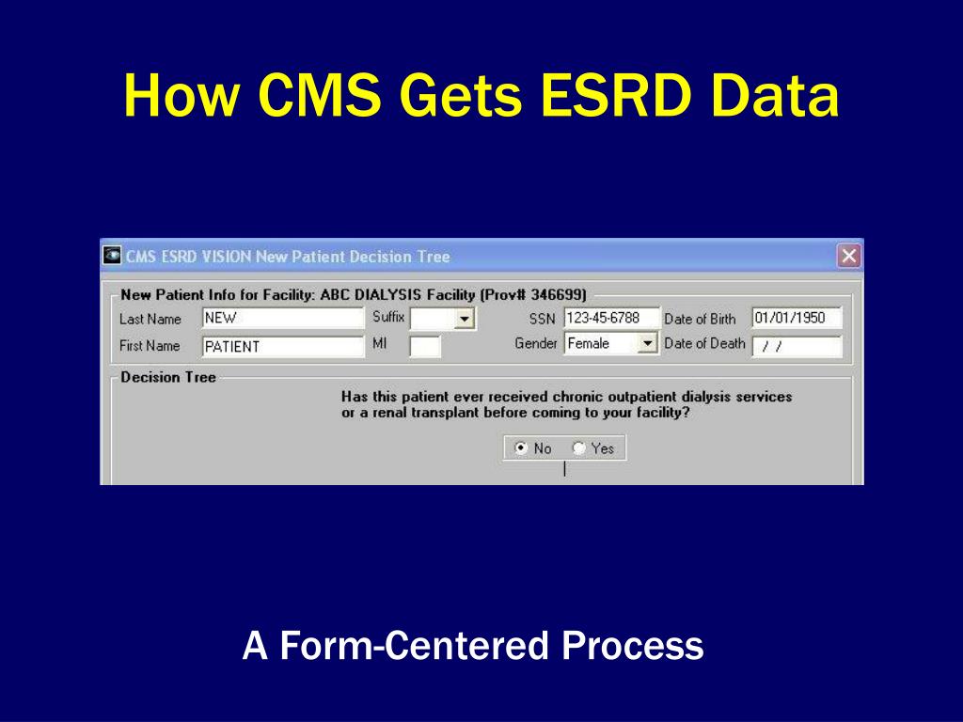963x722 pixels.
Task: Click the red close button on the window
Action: [x=849, y=256]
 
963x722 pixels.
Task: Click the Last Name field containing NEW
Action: [x=282, y=318]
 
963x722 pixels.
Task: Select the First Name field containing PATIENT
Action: [x=282, y=346]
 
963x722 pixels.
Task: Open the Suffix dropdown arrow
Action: [x=465, y=319]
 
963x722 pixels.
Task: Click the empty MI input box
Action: [x=425, y=346]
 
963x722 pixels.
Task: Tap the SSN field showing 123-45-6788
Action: [x=611, y=318]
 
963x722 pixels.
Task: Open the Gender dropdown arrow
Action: [x=647, y=343]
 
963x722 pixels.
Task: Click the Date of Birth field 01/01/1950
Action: [x=797, y=318]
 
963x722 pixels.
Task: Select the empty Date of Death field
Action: [x=797, y=346]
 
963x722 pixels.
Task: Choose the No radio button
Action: [x=521, y=448]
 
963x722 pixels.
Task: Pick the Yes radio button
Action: [x=578, y=448]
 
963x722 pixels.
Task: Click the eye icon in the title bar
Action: [x=112, y=255]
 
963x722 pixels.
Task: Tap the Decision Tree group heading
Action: [x=168, y=377]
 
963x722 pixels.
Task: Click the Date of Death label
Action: [x=704, y=344]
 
